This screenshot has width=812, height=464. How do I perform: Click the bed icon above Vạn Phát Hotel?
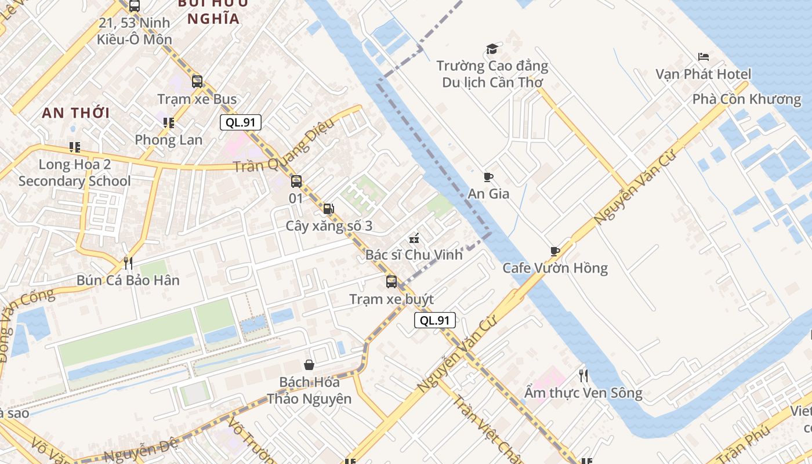(x=703, y=57)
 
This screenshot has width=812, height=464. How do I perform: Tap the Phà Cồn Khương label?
(x=746, y=99)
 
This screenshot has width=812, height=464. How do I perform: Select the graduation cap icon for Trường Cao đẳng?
(x=492, y=49)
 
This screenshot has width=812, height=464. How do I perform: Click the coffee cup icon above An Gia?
(x=488, y=177)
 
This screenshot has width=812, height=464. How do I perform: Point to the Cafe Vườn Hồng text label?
(x=555, y=268)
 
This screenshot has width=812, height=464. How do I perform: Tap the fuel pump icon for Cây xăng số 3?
(x=328, y=209)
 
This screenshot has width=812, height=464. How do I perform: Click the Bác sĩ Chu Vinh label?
(x=414, y=255)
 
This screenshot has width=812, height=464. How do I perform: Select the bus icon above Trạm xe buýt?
(x=391, y=282)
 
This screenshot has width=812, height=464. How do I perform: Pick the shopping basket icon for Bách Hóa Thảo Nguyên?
(x=309, y=365)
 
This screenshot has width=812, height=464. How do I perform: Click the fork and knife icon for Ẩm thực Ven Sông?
(x=583, y=376)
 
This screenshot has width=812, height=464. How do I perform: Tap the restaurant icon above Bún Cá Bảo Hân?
(x=128, y=263)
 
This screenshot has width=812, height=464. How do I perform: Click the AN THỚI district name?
(x=76, y=113)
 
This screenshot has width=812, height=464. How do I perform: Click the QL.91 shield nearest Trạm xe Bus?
(x=241, y=122)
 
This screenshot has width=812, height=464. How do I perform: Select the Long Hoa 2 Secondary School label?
(x=75, y=173)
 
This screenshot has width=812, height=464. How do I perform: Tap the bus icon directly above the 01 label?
(x=296, y=182)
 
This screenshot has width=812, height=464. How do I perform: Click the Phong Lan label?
(x=169, y=140)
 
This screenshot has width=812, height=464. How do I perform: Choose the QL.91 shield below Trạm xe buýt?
(x=435, y=320)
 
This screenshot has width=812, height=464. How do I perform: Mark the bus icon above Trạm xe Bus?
(x=197, y=81)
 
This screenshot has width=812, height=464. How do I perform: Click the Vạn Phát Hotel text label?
(x=703, y=74)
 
